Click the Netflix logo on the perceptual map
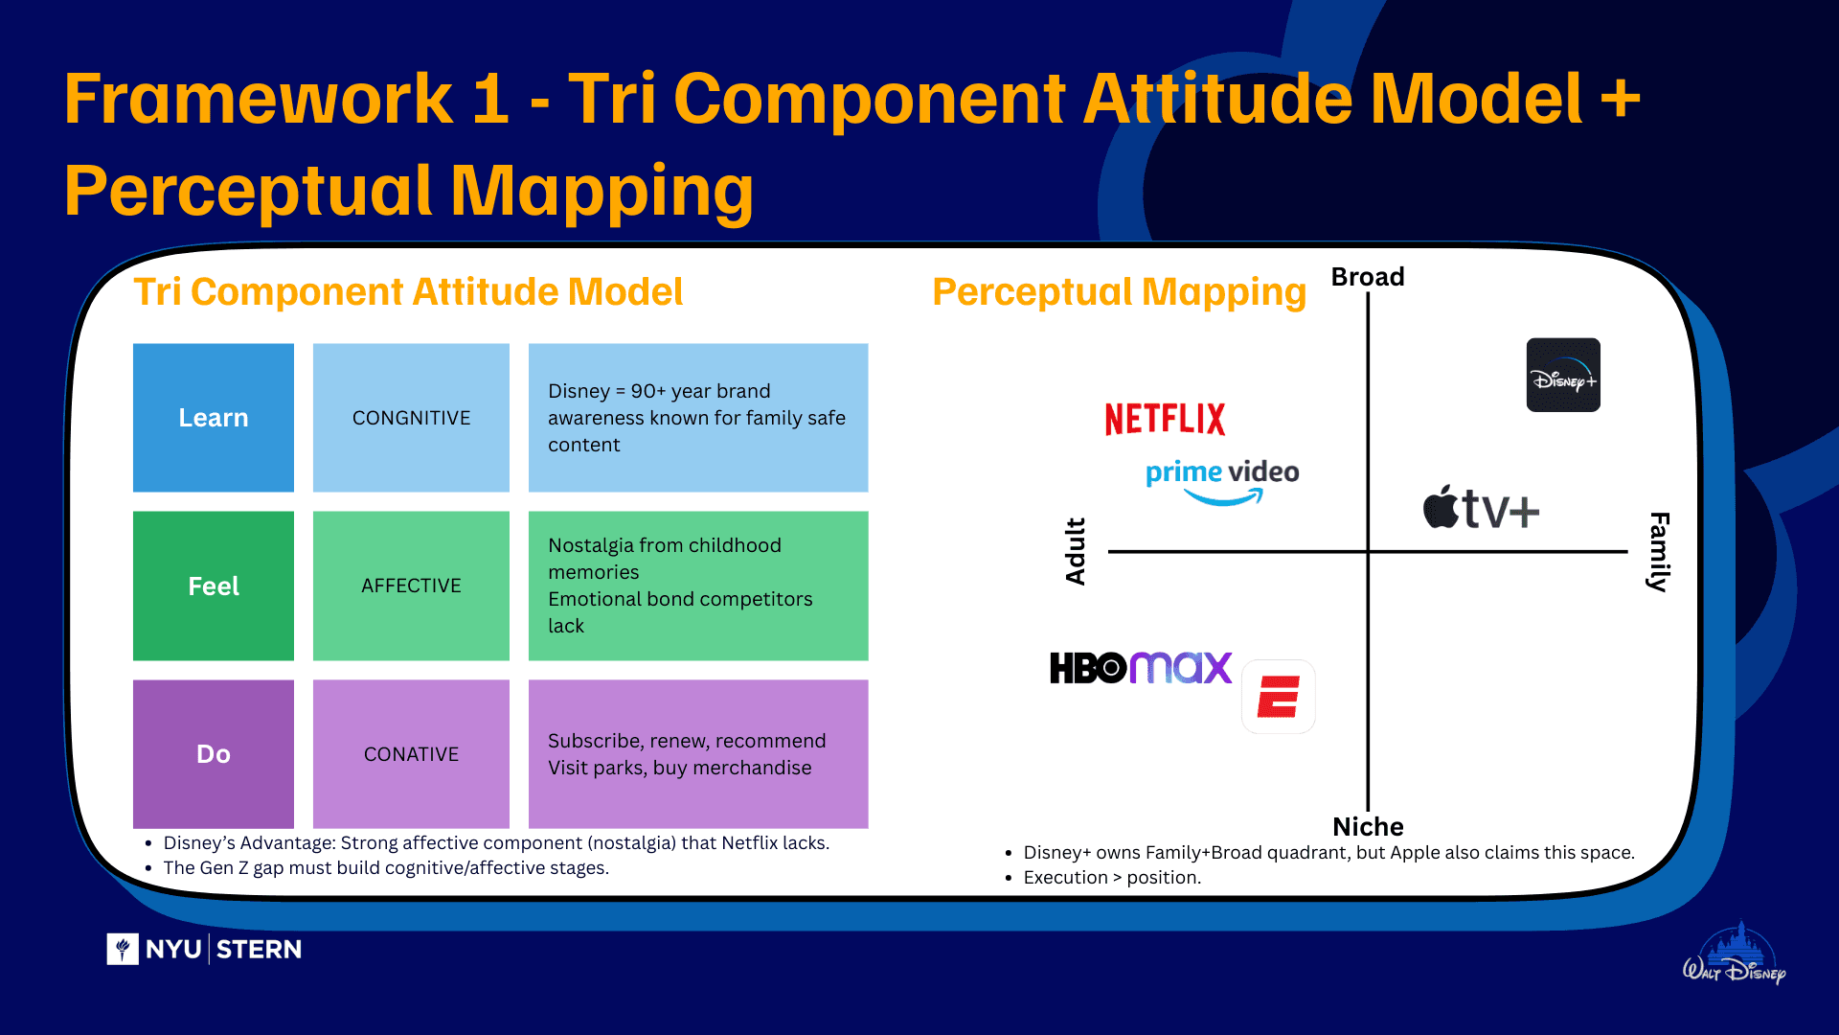click(1165, 419)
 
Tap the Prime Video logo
click(1222, 480)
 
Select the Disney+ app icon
click(1562, 375)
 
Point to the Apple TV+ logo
click(1481, 508)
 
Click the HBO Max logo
click(1140, 668)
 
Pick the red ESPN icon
click(1278, 697)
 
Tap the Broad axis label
click(1368, 277)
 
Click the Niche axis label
click(1368, 827)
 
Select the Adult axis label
click(1076, 551)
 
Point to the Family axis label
click(1659, 552)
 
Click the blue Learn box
click(213, 418)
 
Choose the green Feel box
click(213, 586)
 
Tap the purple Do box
click(213, 754)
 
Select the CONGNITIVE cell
click(411, 418)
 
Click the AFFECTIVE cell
click(411, 586)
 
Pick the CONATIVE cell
click(411, 754)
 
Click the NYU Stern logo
click(204, 949)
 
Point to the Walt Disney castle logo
click(1736, 955)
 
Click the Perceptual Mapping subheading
click(1119, 292)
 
